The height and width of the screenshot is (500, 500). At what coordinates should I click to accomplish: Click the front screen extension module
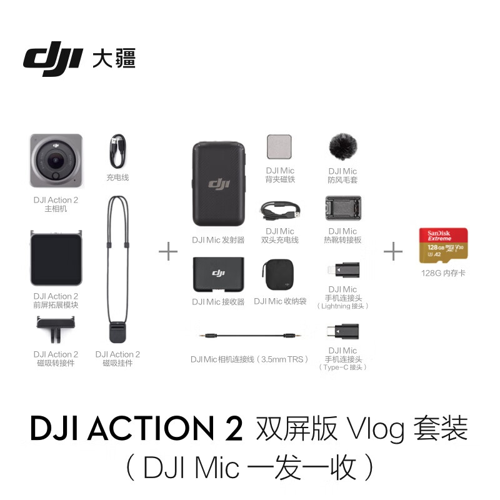[56, 257]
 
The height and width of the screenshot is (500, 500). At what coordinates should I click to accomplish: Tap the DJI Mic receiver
[219, 274]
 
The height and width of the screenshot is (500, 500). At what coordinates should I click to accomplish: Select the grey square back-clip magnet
[279, 149]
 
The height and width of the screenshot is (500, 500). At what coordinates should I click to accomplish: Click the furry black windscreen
[342, 147]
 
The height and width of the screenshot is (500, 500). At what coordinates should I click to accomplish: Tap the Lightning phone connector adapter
[341, 271]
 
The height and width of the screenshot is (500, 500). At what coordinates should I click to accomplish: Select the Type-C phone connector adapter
[342, 333]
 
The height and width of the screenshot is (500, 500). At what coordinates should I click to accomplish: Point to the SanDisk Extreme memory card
[443, 245]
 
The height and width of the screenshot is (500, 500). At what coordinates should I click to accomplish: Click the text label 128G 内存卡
[443, 273]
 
